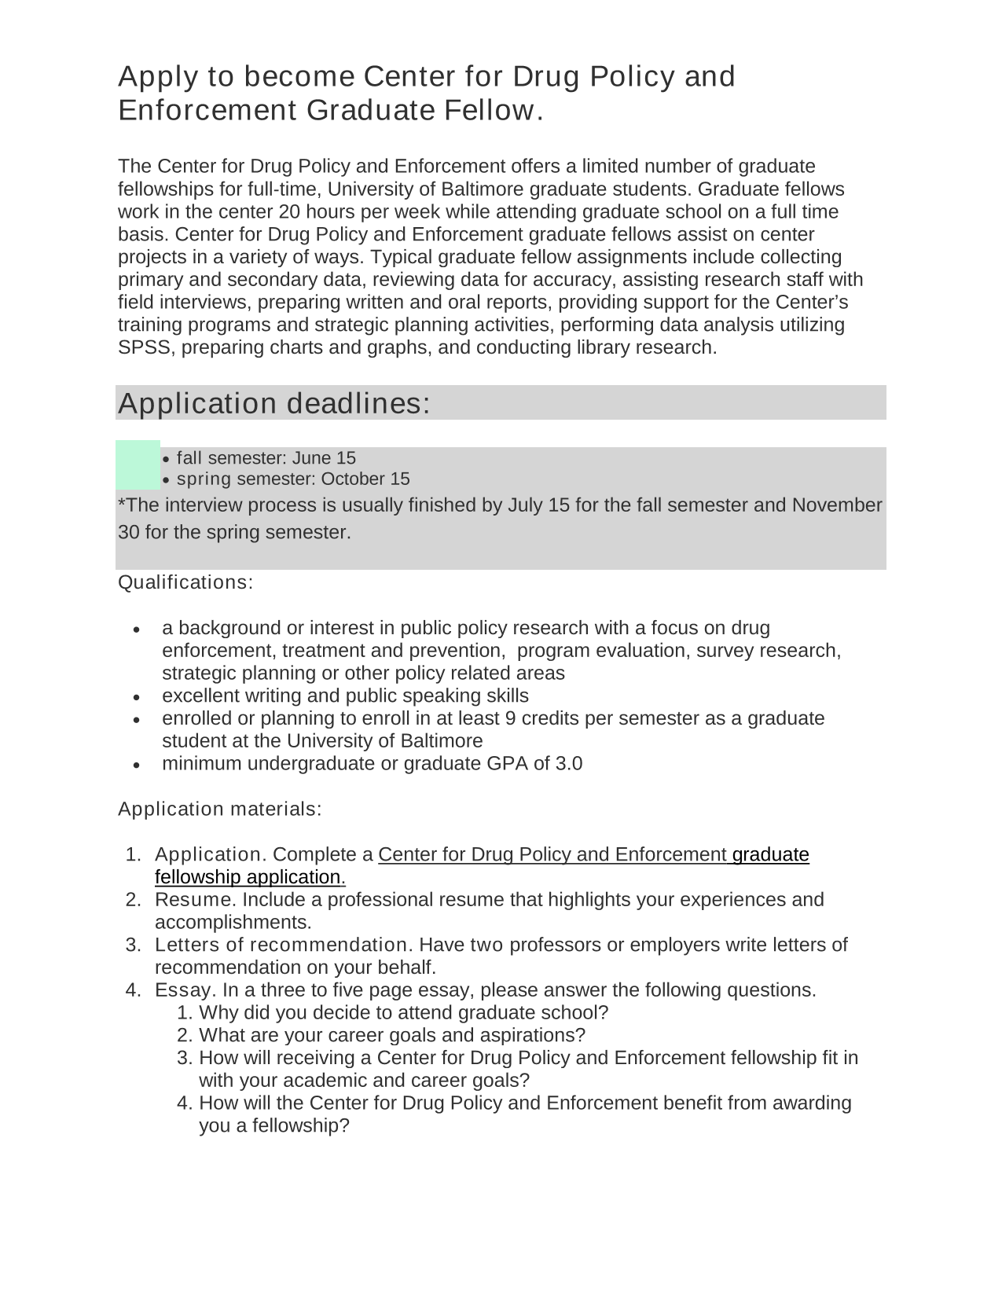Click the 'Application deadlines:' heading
click(x=274, y=403)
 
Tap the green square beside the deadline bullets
click(x=138, y=465)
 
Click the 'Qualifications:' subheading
click(x=185, y=582)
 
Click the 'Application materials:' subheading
click(x=220, y=809)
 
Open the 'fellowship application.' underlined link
click(x=250, y=877)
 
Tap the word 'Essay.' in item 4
click(x=185, y=990)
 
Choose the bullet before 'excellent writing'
click(x=138, y=697)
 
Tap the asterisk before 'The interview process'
click(x=121, y=504)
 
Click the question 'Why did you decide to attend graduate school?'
click(x=403, y=1013)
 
